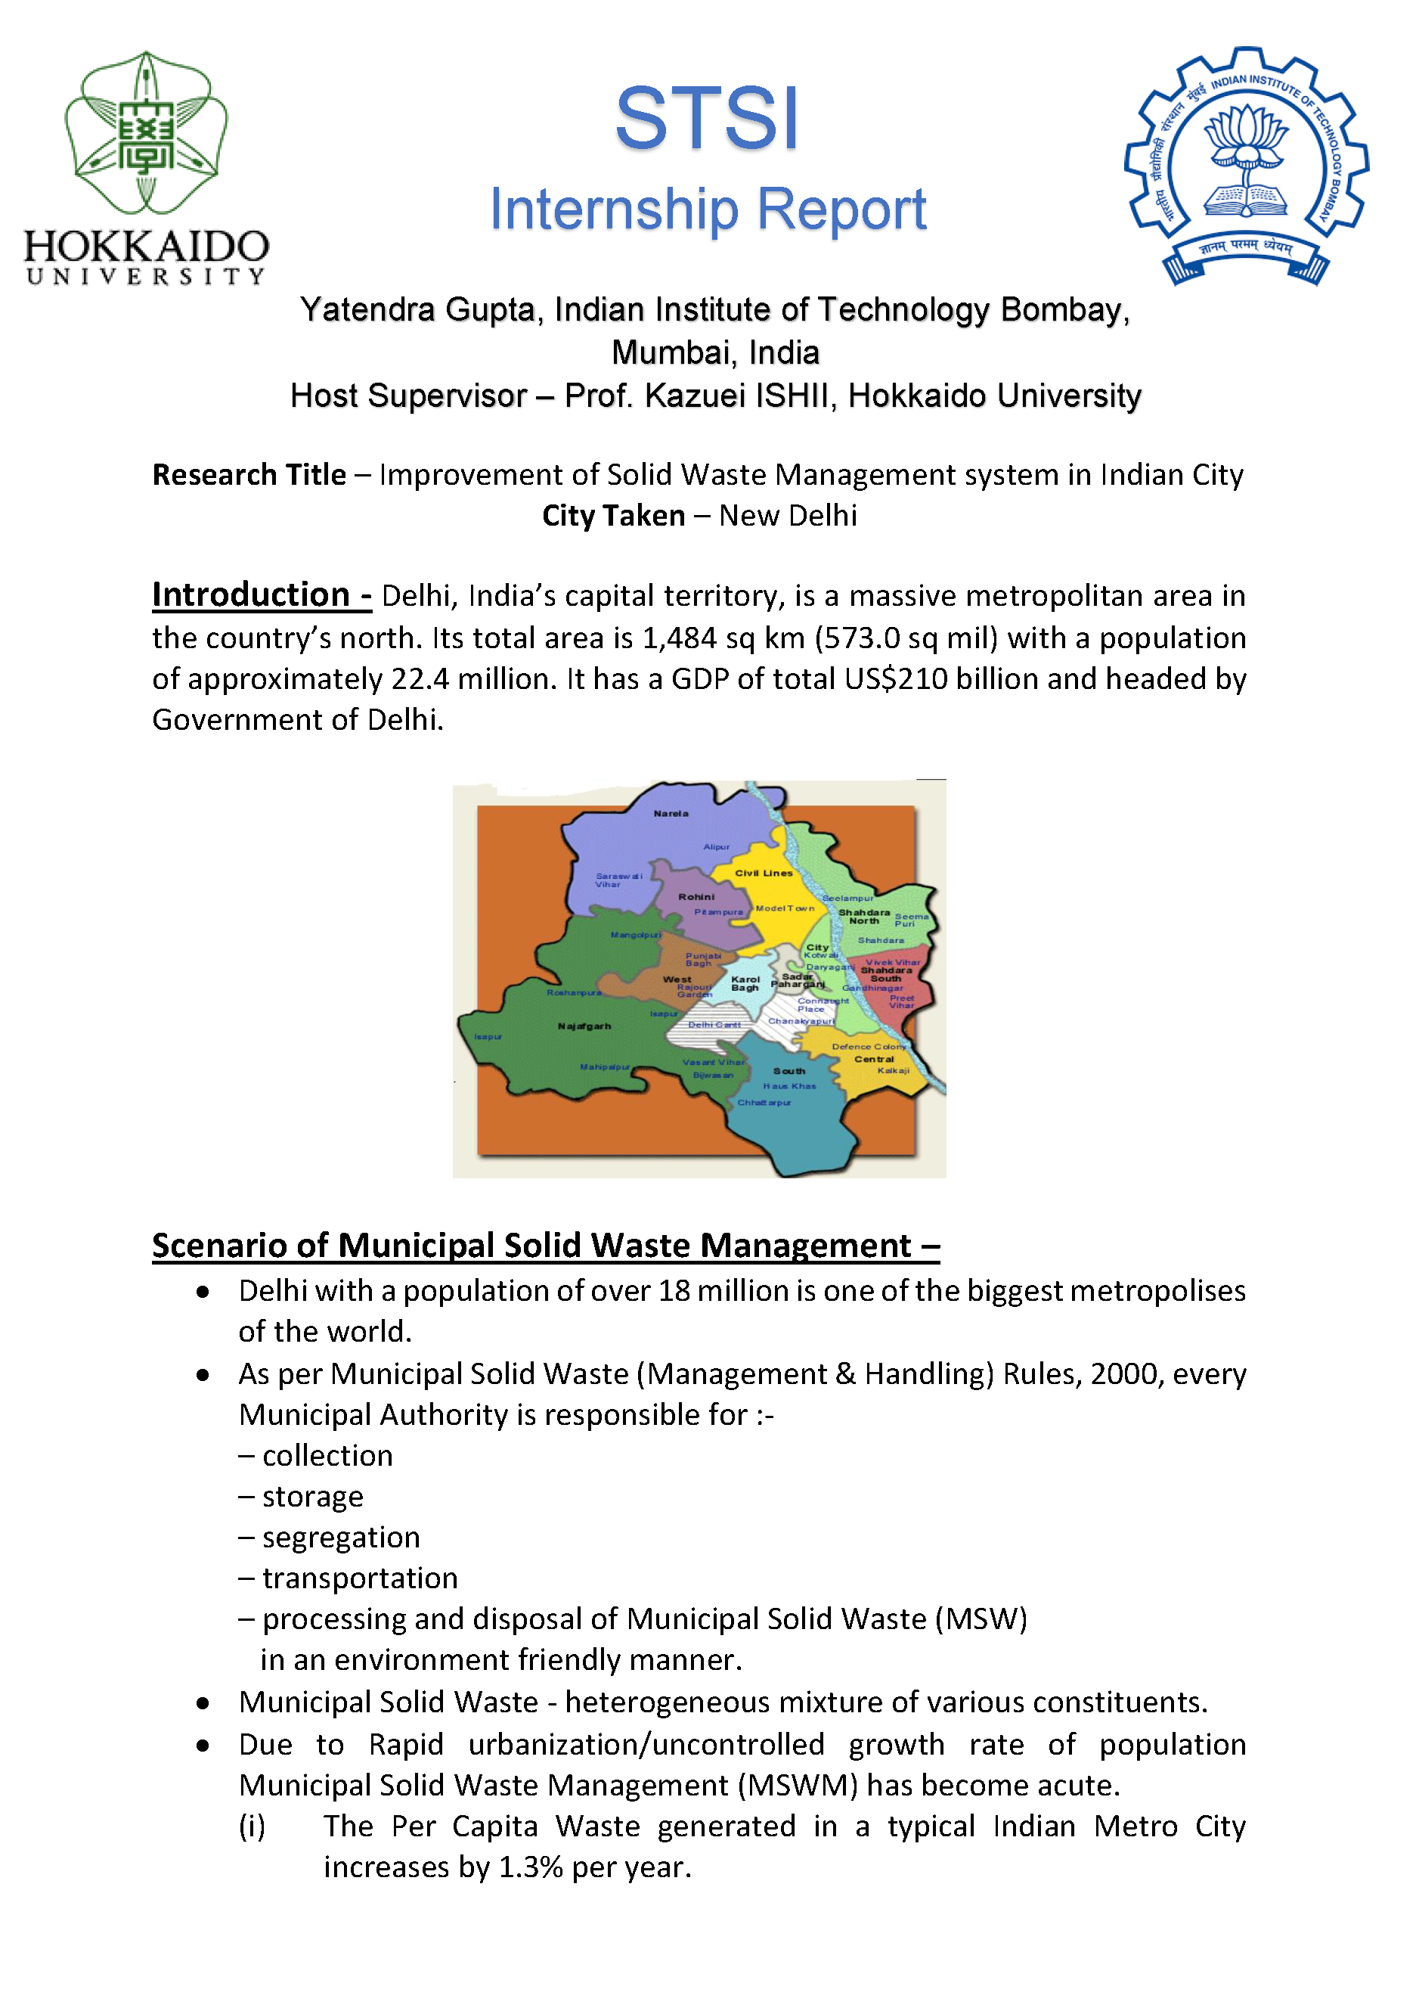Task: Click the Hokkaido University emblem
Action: click(146, 133)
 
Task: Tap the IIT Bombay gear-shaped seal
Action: click(1246, 166)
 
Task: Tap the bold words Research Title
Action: click(249, 475)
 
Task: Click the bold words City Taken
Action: click(613, 516)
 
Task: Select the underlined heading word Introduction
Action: click(251, 595)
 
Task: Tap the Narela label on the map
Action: click(671, 813)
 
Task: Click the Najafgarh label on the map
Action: click(584, 1026)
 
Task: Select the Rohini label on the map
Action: click(696, 896)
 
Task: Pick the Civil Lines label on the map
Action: click(764, 873)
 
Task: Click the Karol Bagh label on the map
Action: click(745, 983)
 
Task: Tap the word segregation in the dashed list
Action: click(341, 1538)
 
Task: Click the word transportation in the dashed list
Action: click(359, 1578)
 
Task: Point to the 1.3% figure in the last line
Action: click(530, 1867)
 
